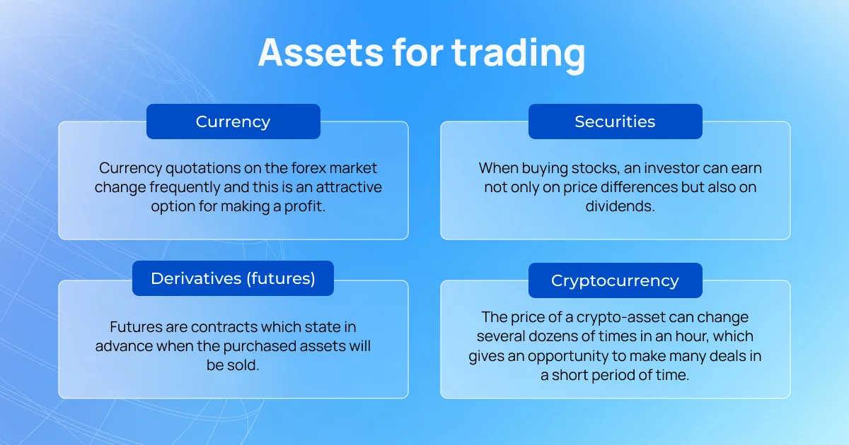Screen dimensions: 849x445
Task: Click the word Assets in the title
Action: click(320, 52)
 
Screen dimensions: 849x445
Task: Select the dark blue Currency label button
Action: click(233, 121)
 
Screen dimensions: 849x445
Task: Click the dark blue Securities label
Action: click(615, 121)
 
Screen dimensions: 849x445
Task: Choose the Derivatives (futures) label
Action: click(233, 278)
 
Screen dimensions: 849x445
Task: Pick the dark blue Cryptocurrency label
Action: click(615, 280)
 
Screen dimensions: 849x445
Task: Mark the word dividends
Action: click(620, 206)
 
